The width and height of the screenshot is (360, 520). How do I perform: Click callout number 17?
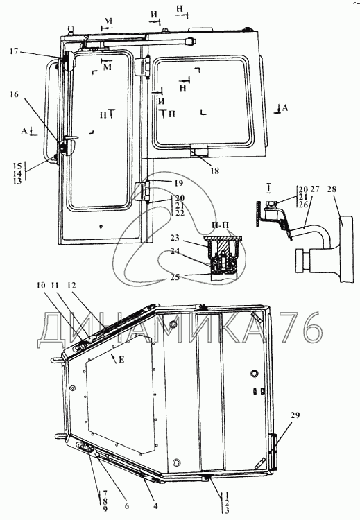pos(13,51)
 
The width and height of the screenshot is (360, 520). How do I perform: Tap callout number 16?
pos(14,94)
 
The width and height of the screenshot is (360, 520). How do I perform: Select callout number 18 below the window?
pos(214,171)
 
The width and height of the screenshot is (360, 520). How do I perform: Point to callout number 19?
pos(178,183)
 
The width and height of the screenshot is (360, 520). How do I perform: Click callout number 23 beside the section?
pos(175,238)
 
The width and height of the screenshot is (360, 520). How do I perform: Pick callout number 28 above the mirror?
pos(332,189)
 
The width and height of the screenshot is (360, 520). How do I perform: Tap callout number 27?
pos(315,189)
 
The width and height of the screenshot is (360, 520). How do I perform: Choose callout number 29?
pos(295,415)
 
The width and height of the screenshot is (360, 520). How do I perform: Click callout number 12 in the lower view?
pos(71,286)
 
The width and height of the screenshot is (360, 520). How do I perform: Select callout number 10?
pos(41,286)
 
